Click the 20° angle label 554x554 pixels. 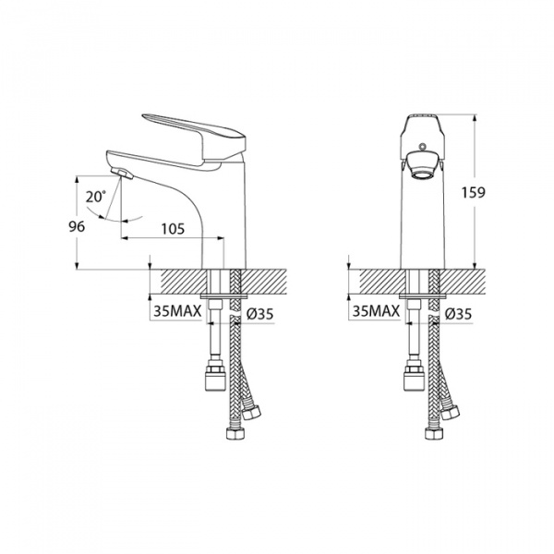click(x=96, y=197)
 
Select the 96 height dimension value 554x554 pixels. click(x=77, y=226)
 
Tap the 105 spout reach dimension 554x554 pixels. click(x=174, y=229)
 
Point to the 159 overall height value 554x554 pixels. click(x=474, y=193)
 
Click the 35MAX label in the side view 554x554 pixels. click(x=177, y=311)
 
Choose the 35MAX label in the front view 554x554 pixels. click(x=376, y=311)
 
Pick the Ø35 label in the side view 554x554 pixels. click(x=259, y=314)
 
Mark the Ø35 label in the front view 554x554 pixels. click(x=458, y=314)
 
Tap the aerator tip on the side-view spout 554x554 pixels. click(x=122, y=174)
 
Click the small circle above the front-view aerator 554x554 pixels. click(x=422, y=146)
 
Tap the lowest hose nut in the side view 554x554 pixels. click(x=235, y=433)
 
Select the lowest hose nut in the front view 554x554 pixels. click(x=433, y=433)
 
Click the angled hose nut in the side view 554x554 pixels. click(x=251, y=411)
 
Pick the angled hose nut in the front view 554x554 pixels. click(x=450, y=411)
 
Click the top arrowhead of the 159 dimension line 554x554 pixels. click(x=476, y=117)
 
